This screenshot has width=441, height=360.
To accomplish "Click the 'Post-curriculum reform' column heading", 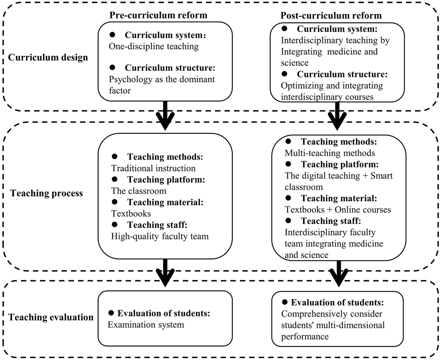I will point(331,15).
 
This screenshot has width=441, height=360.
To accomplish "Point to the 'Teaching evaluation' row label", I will point(51,316).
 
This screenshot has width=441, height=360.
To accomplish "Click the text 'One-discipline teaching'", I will point(154,46).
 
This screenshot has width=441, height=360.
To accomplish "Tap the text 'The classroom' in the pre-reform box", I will point(138,191).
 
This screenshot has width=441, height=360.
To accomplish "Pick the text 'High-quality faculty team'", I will point(159,236).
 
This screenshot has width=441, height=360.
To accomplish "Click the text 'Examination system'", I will point(146,324).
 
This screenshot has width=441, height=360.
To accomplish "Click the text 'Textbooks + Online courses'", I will point(338,209).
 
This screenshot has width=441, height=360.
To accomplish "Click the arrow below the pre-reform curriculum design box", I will point(165,117).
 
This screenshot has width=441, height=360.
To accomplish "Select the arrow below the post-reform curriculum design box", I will point(337,117).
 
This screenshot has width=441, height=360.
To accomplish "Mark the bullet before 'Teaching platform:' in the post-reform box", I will point(288,164).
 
